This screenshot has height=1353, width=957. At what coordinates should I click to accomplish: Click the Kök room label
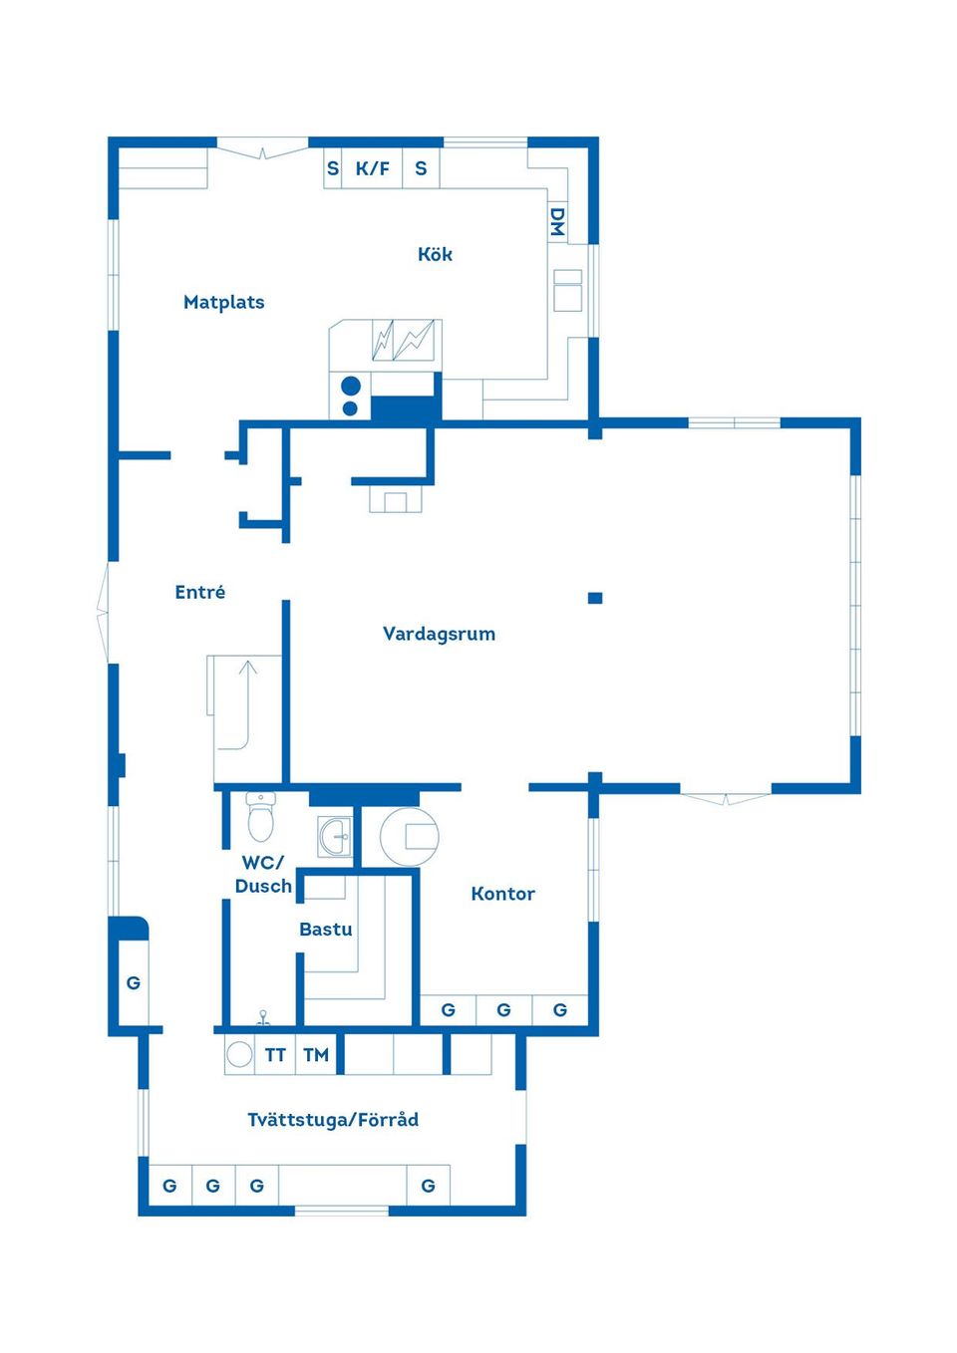(435, 254)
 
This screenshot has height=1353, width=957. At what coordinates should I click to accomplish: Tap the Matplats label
(223, 302)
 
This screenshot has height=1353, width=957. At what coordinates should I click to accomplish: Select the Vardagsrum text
(439, 634)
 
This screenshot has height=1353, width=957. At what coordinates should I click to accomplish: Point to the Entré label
(200, 592)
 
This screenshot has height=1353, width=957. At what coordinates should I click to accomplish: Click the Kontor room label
(502, 894)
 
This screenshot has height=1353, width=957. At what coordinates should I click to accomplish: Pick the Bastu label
(326, 929)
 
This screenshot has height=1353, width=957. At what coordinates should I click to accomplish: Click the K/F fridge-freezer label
(372, 168)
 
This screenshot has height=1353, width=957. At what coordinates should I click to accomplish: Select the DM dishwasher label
(557, 221)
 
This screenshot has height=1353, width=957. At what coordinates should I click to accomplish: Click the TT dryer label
(275, 1055)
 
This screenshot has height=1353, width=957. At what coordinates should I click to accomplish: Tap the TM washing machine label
(316, 1055)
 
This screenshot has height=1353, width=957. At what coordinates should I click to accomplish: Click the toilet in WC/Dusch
(260, 816)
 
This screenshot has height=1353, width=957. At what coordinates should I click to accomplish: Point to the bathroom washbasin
(335, 837)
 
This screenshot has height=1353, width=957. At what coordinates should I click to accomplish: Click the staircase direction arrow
(247, 706)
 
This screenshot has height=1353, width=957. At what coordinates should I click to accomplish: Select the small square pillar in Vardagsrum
(595, 598)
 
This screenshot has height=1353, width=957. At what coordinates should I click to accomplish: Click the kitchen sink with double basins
(403, 340)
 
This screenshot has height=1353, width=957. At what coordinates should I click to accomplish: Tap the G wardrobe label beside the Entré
(133, 982)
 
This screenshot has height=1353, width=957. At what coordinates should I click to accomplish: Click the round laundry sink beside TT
(239, 1055)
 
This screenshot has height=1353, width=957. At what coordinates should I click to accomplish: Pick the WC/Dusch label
(263, 874)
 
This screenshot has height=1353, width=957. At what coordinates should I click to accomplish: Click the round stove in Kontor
(409, 837)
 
